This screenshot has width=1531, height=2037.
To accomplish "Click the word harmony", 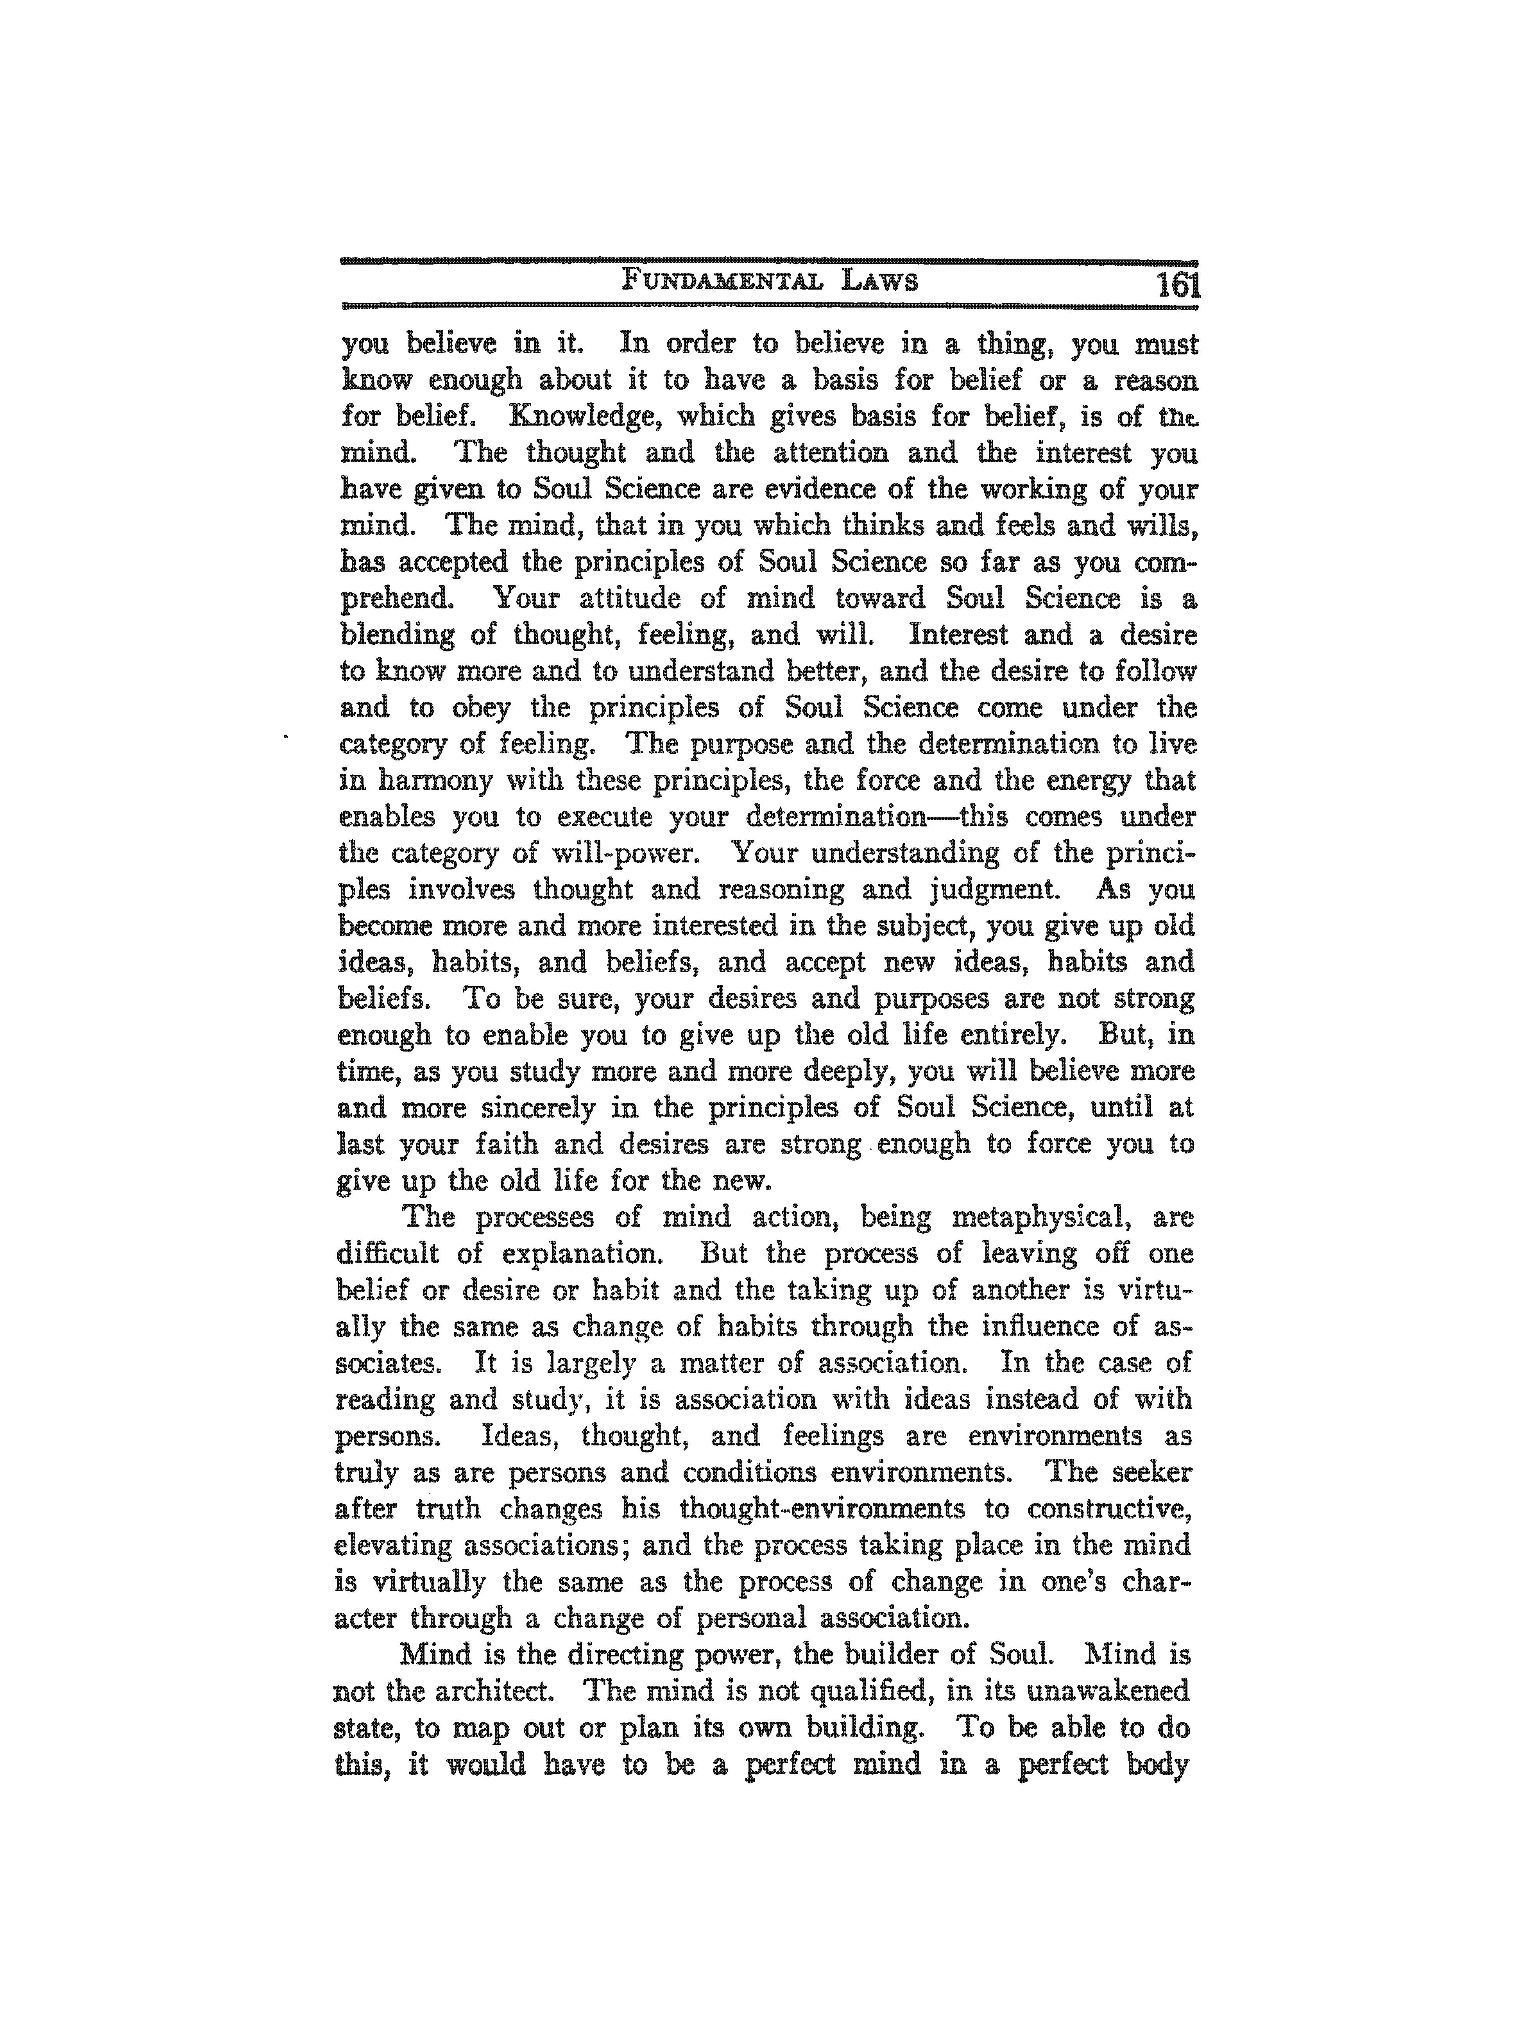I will [433, 781].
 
